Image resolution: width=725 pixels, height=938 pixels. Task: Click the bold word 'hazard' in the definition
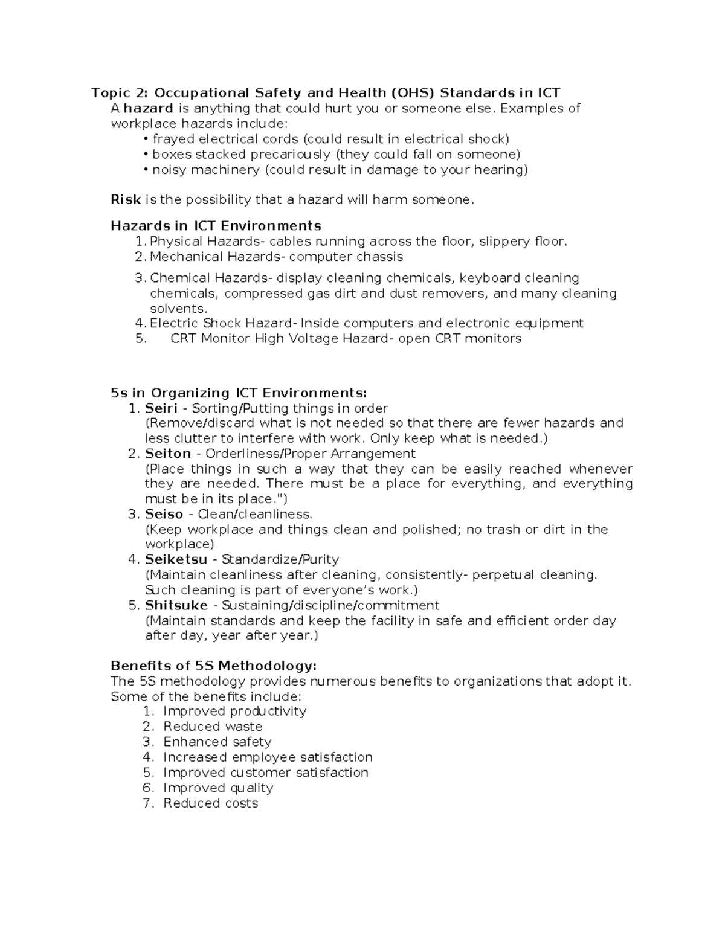(149, 109)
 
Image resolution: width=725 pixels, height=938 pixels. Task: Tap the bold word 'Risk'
(126, 200)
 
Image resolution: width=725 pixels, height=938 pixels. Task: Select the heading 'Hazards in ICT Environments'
(216, 226)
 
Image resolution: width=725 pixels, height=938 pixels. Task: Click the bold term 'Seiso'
(164, 515)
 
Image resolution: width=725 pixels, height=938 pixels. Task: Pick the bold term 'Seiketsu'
(176, 560)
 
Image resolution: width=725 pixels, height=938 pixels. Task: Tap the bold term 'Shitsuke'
(176, 605)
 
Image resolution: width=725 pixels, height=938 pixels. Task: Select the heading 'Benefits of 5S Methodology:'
(213, 666)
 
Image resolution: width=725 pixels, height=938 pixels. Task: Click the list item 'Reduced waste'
(213, 727)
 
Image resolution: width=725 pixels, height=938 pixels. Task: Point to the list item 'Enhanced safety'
(217, 742)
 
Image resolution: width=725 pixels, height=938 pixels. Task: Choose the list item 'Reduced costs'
(210, 803)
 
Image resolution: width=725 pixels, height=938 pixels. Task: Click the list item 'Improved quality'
(218, 788)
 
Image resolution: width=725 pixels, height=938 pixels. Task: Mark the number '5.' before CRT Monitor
(141, 339)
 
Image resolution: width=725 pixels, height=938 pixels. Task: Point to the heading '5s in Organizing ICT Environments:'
(239, 393)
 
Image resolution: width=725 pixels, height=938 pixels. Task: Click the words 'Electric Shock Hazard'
(221, 323)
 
